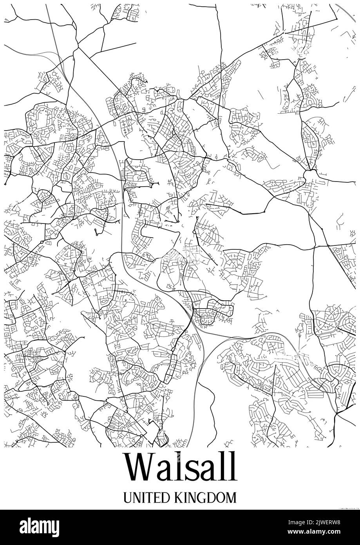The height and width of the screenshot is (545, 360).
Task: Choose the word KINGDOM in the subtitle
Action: [204, 498]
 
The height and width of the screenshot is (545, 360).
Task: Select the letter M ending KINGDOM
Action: [231, 498]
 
